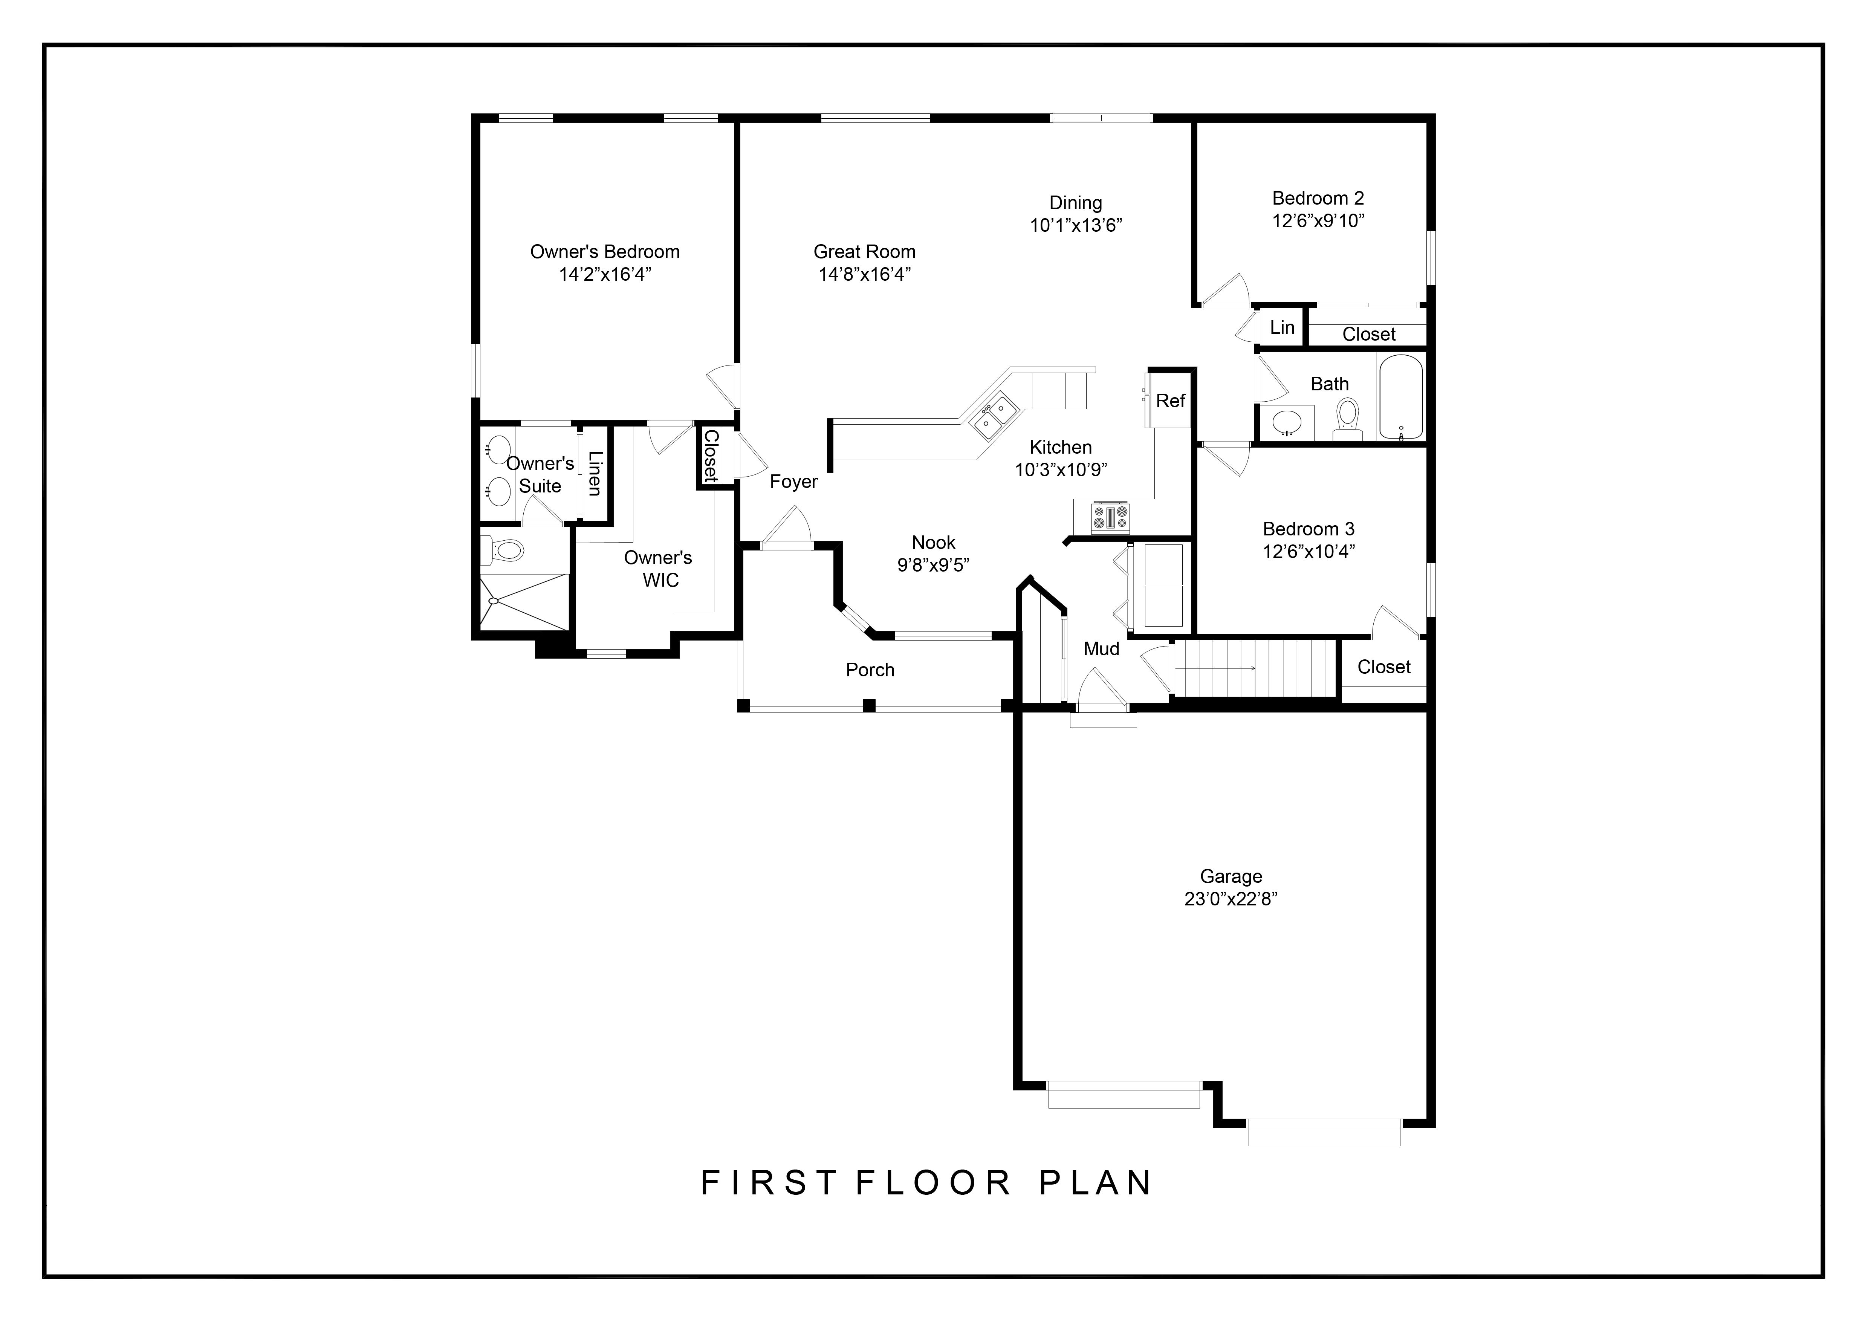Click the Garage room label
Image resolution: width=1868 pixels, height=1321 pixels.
coord(1231,876)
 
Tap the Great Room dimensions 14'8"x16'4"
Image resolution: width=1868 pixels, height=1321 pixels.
coord(864,274)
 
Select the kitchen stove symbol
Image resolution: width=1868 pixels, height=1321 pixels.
coord(1110,517)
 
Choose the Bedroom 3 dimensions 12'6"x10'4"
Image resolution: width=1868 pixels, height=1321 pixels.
coord(1308,552)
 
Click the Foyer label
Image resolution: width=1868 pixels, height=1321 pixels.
coord(793,482)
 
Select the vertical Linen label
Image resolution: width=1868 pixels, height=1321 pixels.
coord(595,473)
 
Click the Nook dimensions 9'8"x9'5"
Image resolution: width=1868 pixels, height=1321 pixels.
coord(933,564)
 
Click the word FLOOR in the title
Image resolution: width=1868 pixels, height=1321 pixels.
coord(933,1183)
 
